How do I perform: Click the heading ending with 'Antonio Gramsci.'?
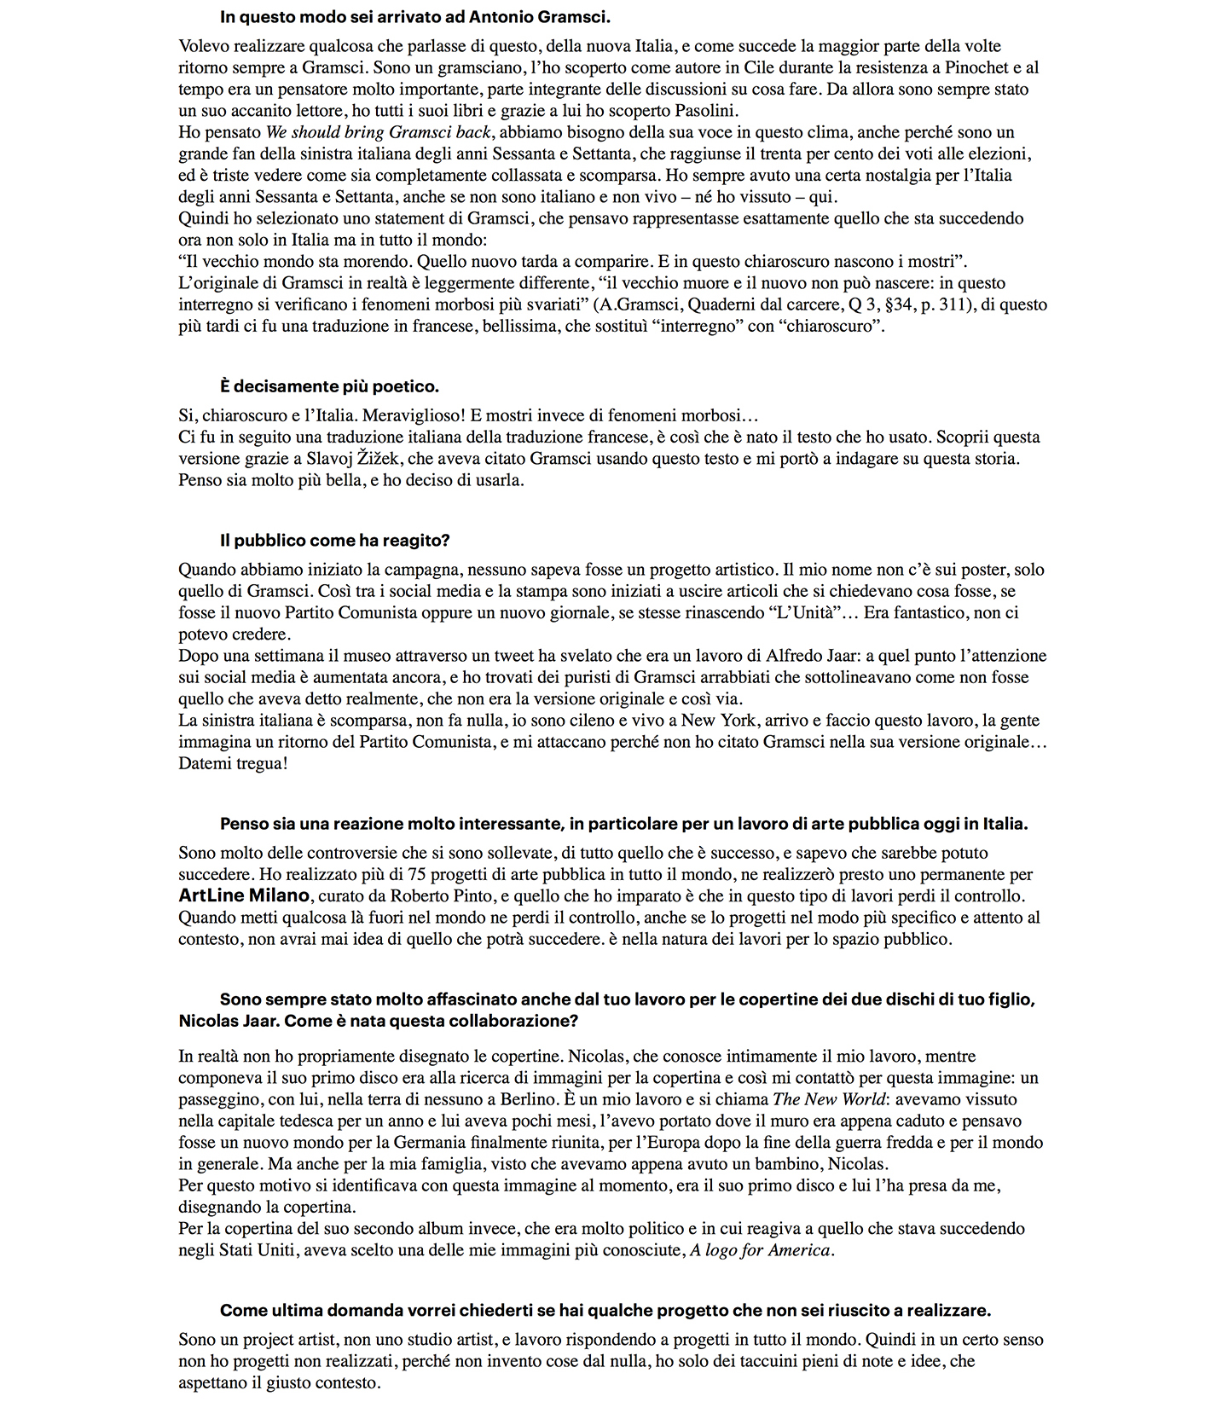(414, 16)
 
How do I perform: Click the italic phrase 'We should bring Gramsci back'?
(379, 132)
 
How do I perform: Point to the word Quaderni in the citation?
(722, 304)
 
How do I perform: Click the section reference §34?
(896, 304)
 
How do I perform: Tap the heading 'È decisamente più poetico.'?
(329, 386)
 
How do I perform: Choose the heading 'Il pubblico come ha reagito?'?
(334, 541)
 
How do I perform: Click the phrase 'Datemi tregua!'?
(233, 763)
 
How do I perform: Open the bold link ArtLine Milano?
(244, 895)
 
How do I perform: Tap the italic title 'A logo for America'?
(760, 1250)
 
